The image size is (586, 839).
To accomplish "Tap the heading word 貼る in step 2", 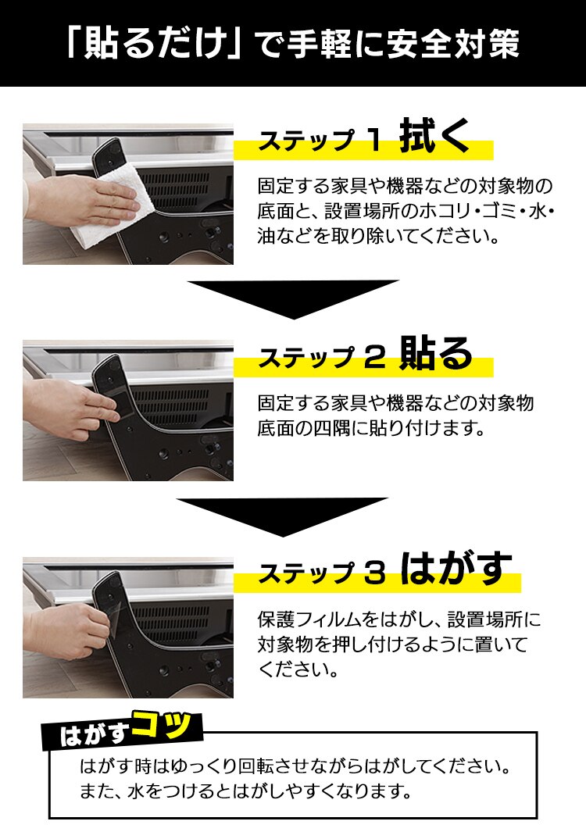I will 435,355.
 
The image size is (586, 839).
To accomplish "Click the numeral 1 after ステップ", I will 373,141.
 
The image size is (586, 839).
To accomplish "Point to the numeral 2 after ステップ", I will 373,359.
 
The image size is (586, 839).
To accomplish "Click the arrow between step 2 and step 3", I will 283,516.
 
